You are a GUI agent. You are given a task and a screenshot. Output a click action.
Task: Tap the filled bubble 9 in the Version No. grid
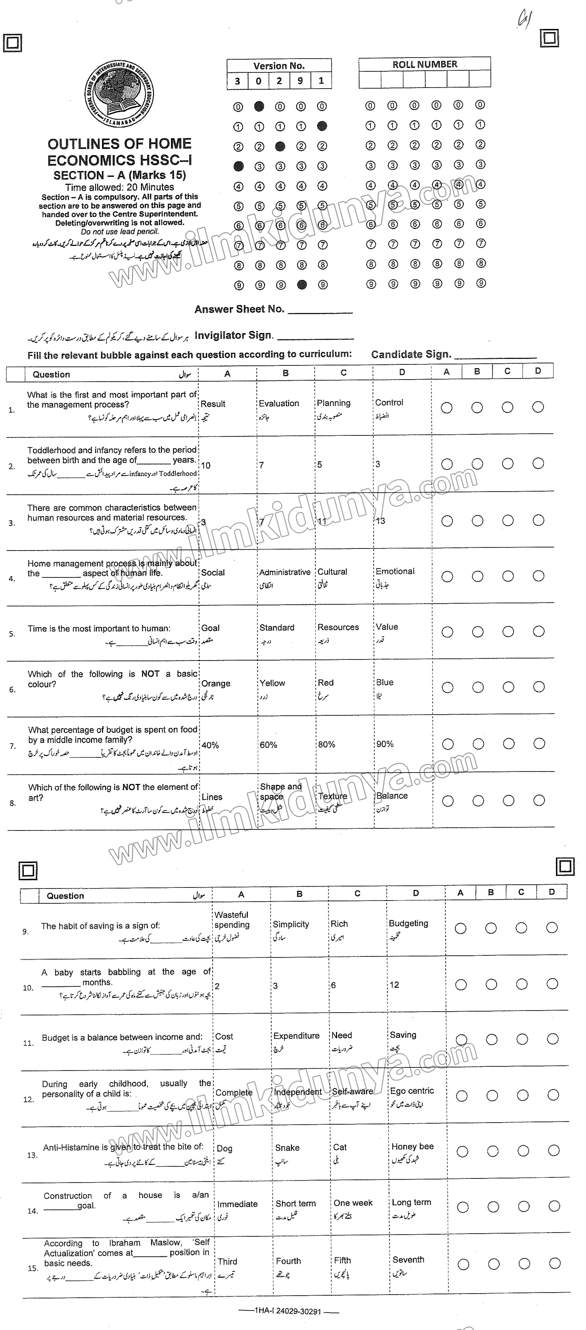(302, 284)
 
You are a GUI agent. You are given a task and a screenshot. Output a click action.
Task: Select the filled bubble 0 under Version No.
(259, 106)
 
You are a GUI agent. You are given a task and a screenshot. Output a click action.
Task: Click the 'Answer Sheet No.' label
(239, 309)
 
